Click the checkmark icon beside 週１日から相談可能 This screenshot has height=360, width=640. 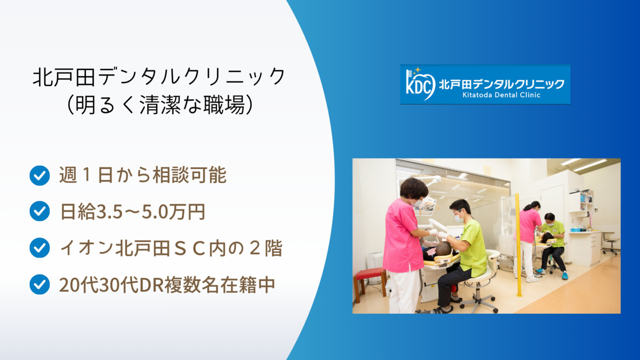39,175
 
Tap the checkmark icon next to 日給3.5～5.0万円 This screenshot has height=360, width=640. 39,211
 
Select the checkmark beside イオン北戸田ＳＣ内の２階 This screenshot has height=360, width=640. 39,247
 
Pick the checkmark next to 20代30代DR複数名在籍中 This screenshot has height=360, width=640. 39,284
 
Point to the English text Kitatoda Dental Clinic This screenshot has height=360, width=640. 501,95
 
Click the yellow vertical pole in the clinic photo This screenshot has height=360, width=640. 518,245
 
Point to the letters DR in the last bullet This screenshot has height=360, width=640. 151,285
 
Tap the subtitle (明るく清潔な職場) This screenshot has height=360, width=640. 159,105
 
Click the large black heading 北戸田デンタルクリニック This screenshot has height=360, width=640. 159,77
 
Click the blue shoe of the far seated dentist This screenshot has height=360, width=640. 565,275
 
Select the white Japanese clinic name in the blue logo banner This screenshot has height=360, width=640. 501,84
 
